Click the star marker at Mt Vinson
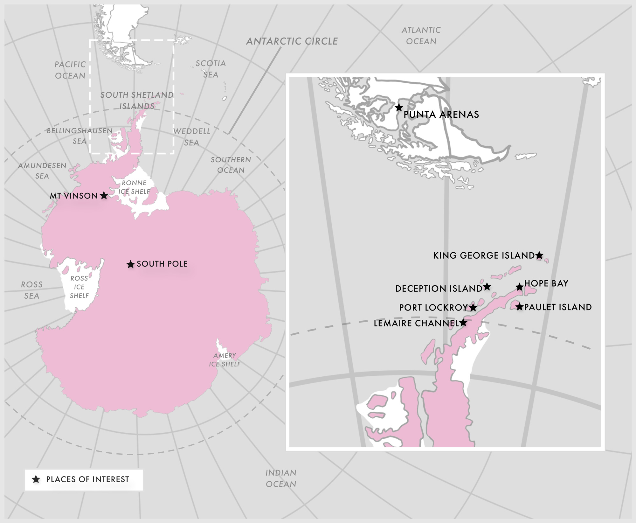point(104,195)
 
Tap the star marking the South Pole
point(130,264)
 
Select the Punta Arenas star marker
point(399,108)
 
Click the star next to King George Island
point(539,255)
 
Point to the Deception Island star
point(487,287)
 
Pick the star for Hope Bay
point(519,287)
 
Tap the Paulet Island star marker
point(519,307)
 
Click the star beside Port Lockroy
point(473,307)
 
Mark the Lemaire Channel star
point(463,323)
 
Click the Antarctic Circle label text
point(292,41)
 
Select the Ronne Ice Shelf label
point(134,187)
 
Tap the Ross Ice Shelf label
point(79,287)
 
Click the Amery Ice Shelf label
point(225,359)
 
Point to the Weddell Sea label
point(191,137)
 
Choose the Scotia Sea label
point(211,69)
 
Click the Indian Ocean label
point(281,478)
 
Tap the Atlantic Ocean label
point(421,36)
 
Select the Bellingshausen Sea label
point(79,136)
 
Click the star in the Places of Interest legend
point(36,479)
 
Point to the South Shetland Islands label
point(137,100)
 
